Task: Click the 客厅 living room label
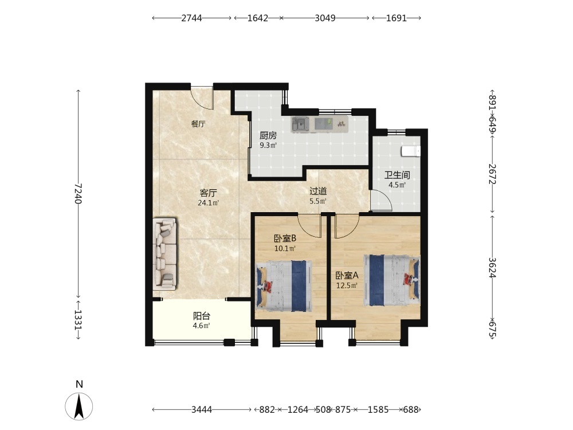[x=209, y=193]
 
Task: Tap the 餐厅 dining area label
[x=198, y=124]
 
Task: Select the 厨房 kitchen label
[x=268, y=136]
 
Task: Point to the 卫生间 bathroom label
[x=397, y=175]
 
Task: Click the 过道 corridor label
[x=318, y=191]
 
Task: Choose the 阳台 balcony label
[x=201, y=316]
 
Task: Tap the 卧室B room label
[x=285, y=239]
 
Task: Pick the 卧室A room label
[x=347, y=275]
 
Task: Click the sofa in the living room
[x=165, y=254]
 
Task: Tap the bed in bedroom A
[x=392, y=280]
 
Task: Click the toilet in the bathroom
[x=411, y=151]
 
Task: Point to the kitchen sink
[x=300, y=124]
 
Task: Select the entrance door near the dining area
[x=202, y=97]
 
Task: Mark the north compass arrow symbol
[x=79, y=406]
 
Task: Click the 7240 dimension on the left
[x=78, y=194]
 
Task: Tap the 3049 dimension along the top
[x=325, y=18]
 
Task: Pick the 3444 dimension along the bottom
[x=202, y=409]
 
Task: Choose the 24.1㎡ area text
[x=209, y=203]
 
